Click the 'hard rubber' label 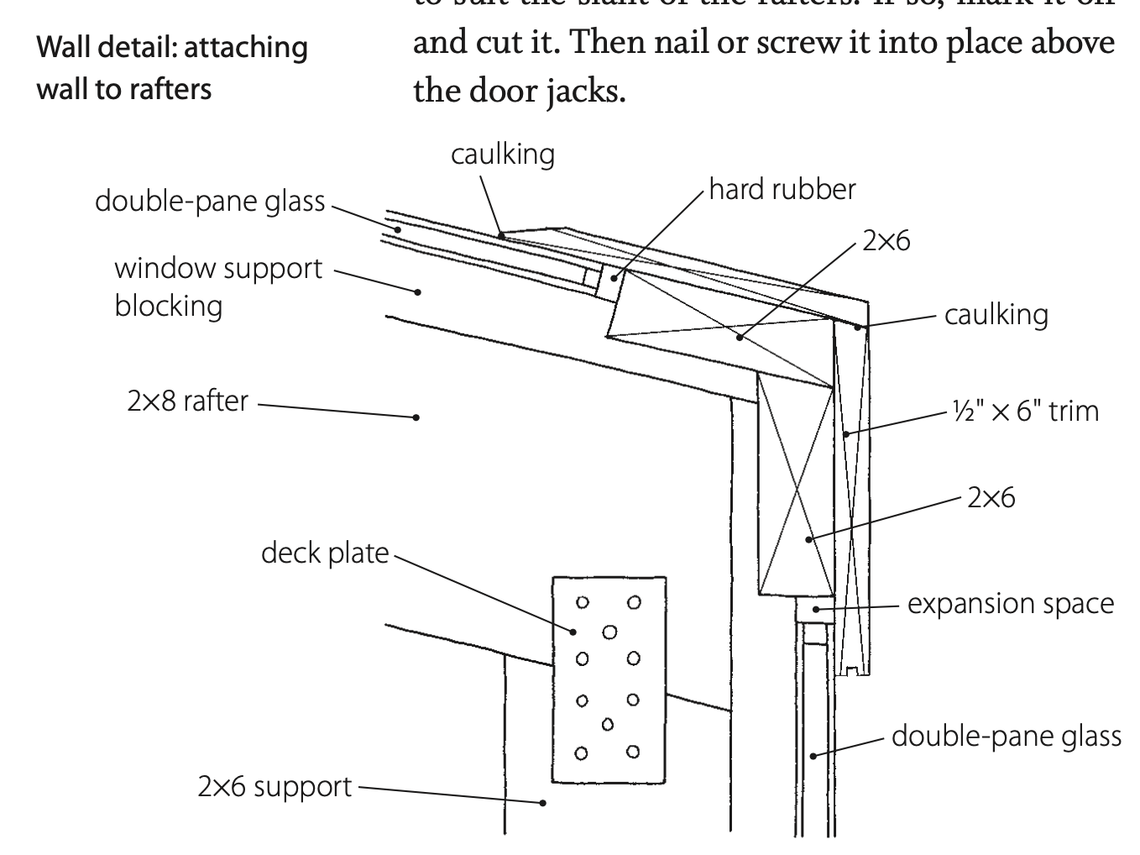782,189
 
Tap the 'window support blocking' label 218,286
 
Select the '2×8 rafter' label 187,401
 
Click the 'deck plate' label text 325,553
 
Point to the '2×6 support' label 275,787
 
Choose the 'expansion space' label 1011,604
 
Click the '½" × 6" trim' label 1025,412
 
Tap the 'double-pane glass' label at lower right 1006,737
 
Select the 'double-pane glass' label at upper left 210,202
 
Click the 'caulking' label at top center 503,155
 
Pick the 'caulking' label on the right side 996,315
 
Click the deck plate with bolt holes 609,679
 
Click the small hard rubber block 593,281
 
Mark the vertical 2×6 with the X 795,485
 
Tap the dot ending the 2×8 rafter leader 416,417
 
